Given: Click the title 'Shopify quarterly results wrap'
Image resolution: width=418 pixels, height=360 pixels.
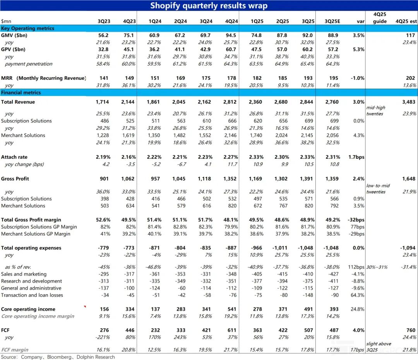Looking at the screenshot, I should click(209, 5).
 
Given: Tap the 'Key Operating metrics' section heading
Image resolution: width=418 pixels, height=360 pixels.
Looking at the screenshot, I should click(27, 28).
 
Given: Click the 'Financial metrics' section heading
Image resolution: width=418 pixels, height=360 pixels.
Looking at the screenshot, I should click(21, 93).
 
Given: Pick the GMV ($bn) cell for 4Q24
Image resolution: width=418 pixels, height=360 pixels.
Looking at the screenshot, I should click(231, 35).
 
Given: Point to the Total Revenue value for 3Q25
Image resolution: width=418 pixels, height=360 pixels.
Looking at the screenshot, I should click(308, 102).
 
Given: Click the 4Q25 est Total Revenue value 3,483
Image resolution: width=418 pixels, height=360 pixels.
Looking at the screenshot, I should click(408, 102).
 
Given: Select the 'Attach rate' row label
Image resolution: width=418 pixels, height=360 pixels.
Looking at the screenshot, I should click(14, 157).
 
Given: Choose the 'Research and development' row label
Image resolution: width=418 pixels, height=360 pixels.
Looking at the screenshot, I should click(31, 281).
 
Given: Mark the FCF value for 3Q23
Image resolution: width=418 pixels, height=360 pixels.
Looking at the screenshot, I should click(103, 330).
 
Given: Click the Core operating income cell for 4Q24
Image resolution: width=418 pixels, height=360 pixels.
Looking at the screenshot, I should click(231, 309).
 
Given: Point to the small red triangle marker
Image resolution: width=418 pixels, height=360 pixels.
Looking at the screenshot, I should click(85, 307).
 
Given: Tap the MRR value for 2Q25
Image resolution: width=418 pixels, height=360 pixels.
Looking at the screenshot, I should click(283, 78).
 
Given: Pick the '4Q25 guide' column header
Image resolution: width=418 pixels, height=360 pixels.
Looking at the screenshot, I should click(380, 18).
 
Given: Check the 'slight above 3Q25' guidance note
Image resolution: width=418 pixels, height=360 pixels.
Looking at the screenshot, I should click(379, 347).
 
